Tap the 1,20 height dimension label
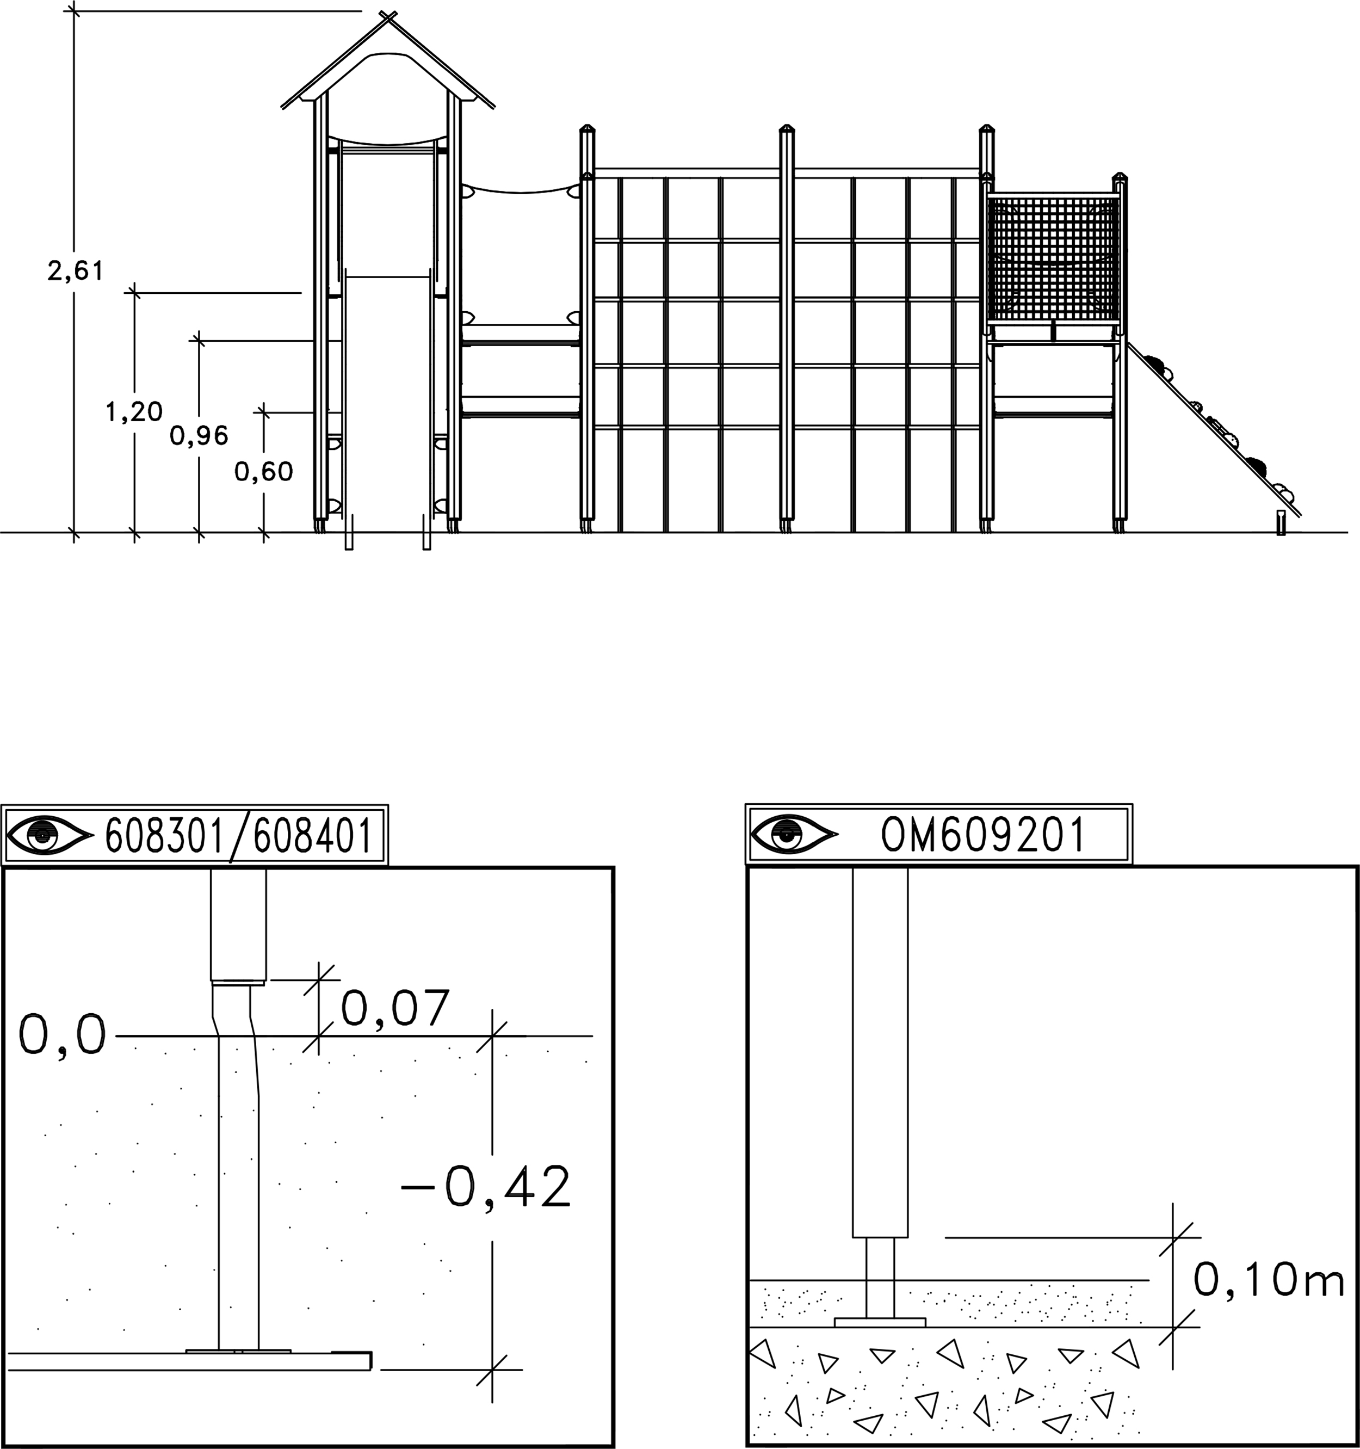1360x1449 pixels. coord(134,412)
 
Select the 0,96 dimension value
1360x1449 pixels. coord(199,436)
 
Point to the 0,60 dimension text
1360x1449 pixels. coord(264,472)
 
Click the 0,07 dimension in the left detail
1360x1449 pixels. coord(394,1008)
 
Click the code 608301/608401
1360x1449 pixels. coord(239,836)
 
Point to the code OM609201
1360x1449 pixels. coord(982,835)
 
